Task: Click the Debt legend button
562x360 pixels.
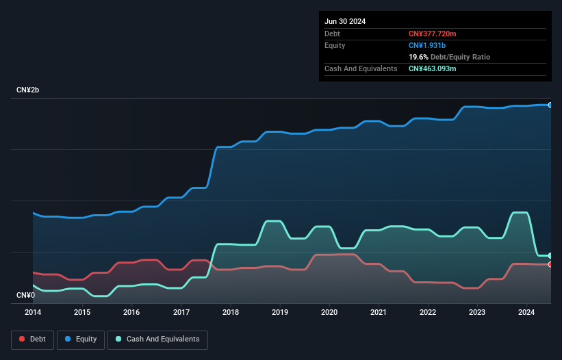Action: [33, 339]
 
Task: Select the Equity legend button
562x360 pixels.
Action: [81, 339]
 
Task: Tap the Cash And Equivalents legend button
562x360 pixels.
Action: [157, 339]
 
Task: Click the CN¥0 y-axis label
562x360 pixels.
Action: [25, 295]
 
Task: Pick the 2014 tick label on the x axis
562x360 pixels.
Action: [33, 312]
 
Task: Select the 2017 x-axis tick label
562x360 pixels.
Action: [181, 312]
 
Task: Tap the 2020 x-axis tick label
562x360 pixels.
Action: [329, 312]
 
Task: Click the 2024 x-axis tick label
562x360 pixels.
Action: [526, 312]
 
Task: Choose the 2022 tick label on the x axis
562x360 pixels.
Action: [428, 312]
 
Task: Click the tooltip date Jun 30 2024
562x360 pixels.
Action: [345, 21]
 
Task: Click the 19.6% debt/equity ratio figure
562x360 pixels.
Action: [418, 57]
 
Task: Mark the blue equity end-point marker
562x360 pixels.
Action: [550, 105]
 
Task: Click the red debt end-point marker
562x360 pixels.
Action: [550, 264]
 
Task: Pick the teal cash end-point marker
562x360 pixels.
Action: [550, 255]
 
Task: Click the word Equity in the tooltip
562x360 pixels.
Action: [335, 45]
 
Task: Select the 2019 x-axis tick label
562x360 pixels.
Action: [280, 312]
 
